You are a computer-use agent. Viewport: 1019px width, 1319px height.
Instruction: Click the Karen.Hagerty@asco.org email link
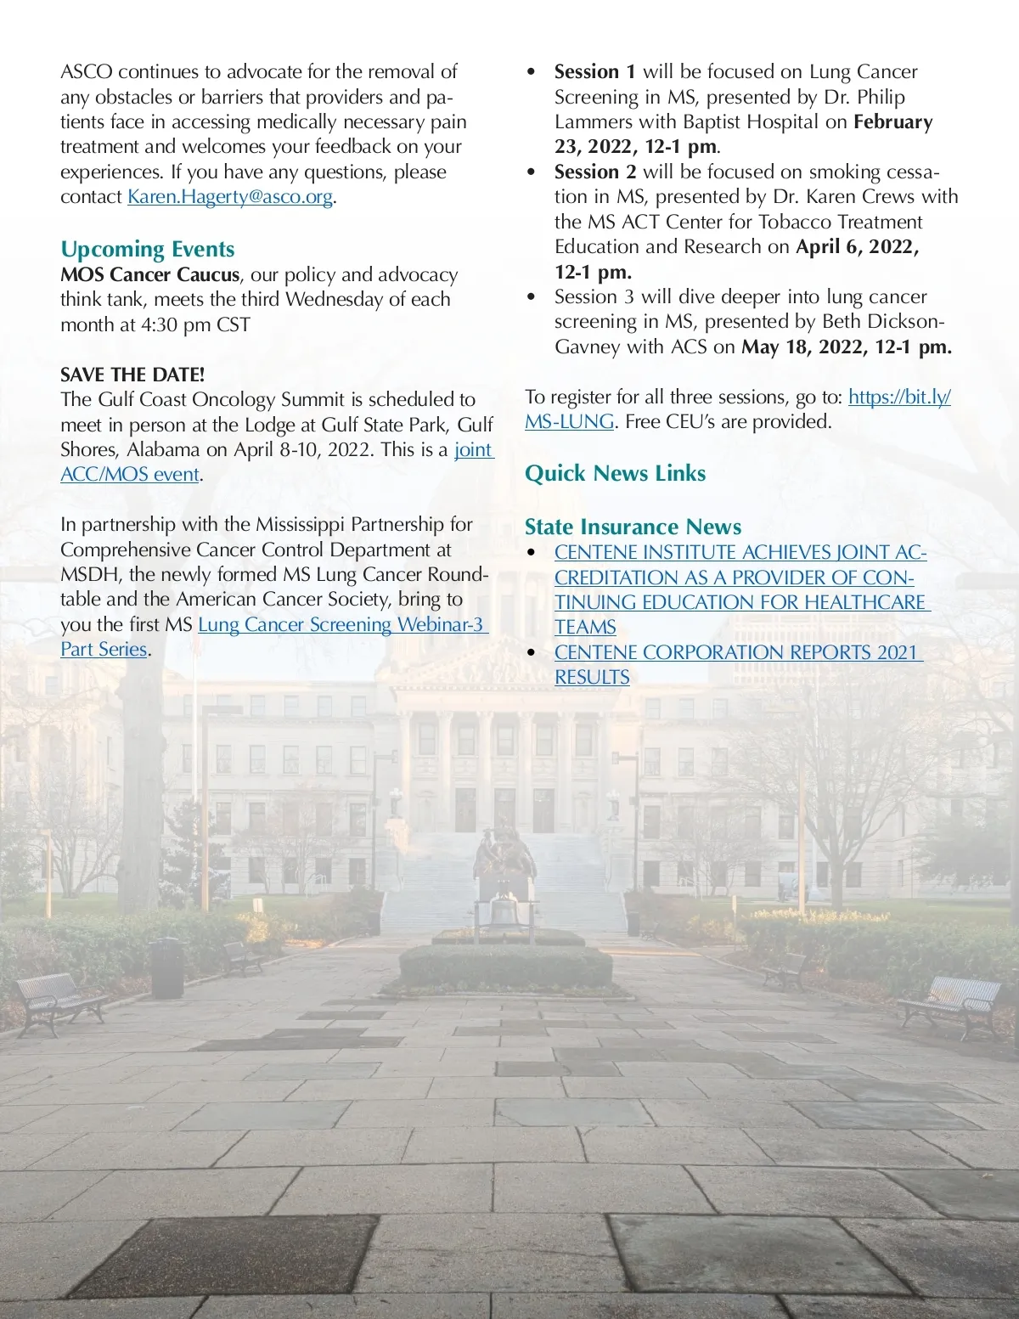coord(229,197)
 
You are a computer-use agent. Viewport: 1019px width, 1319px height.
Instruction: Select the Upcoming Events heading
coord(147,250)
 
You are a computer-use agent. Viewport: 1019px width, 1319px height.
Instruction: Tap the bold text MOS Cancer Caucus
coord(149,275)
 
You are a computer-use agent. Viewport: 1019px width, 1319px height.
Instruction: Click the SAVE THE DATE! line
coord(132,375)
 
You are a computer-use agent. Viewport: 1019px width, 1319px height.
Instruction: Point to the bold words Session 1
coord(594,72)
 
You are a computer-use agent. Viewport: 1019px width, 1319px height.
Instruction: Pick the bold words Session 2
coord(594,172)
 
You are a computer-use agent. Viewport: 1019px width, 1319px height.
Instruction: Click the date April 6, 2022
coord(856,247)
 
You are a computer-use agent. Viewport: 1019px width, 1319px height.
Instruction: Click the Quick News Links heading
coord(615,473)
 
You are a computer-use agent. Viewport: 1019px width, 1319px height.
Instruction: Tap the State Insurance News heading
coord(633,527)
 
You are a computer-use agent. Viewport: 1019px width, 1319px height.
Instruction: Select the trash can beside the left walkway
coord(167,968)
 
